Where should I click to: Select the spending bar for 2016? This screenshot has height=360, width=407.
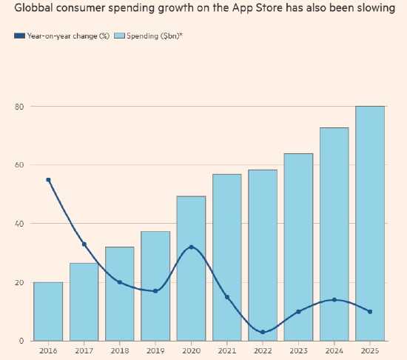pos(48,311)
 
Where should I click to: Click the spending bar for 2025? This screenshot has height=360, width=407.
pos(370,224)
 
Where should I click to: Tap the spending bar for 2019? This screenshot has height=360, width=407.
pos(155,286)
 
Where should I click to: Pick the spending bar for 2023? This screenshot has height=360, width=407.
pos(298,247)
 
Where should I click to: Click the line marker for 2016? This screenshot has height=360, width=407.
pos(48,180)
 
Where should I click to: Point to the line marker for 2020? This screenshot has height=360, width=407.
pos(192,247)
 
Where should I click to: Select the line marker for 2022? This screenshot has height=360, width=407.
pos(263,332)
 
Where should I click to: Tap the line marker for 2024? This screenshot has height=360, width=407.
pos(334,300)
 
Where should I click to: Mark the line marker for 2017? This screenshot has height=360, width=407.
pos(84,244)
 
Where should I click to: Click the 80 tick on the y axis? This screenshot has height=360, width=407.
pos(19,107)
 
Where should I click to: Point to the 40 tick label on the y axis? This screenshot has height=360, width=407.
pos(19,224)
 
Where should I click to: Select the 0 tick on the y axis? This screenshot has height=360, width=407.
pos(21,341)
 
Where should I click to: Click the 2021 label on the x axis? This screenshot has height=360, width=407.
pos(227,351)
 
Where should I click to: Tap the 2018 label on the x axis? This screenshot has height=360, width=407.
pos(120,351)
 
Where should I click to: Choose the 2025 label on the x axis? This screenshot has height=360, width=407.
pos(370,351)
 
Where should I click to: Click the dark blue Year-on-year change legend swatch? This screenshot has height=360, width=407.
pos(20,36)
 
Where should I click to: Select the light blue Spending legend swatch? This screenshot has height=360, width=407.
pos(119,36)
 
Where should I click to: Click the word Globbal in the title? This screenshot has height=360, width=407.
pos(34,8)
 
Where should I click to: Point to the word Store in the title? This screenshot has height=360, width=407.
pos(269,8)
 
